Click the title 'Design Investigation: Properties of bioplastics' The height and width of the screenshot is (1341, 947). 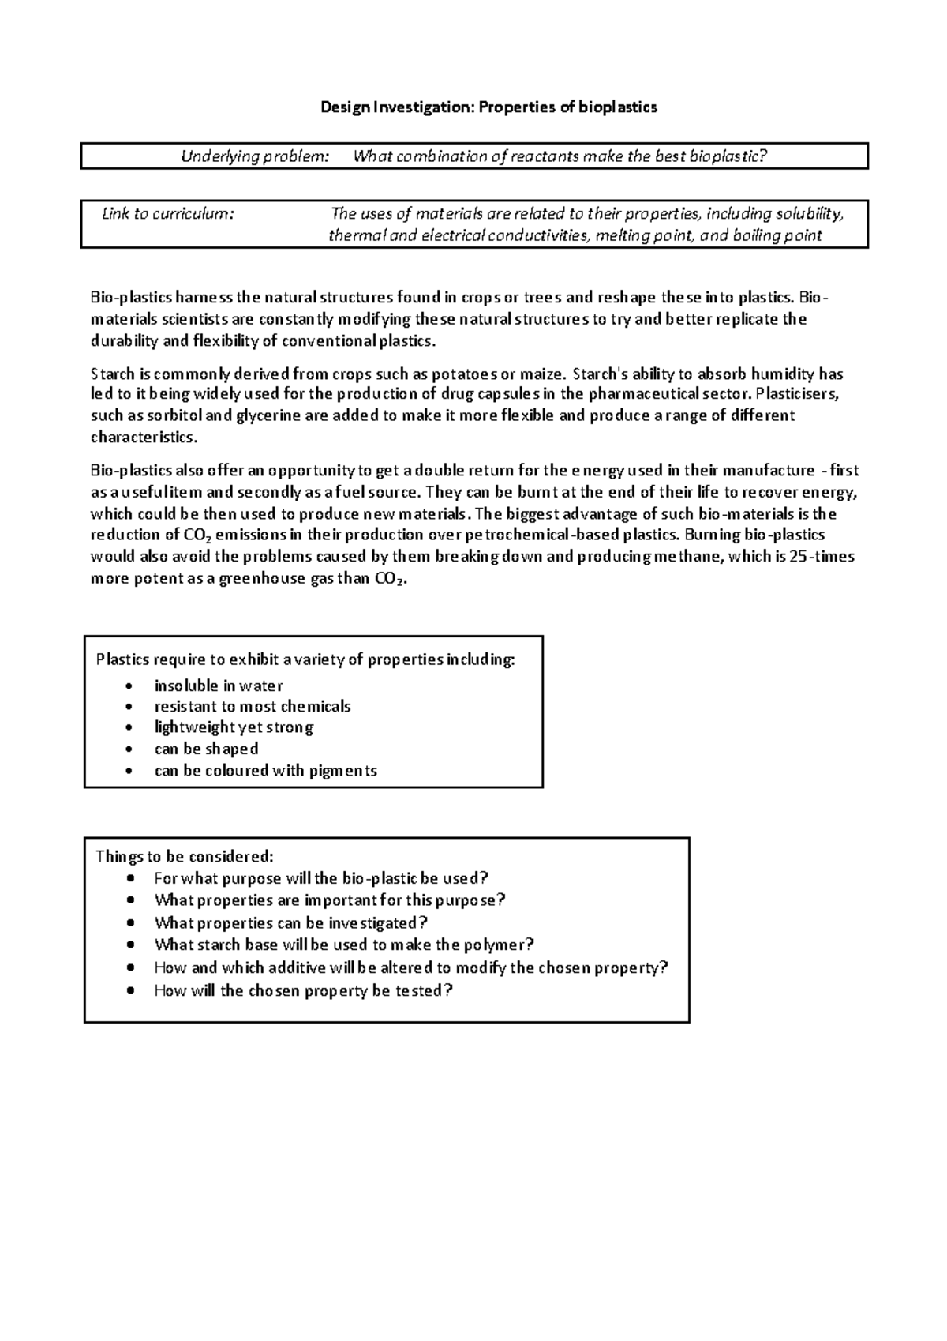pyautogui.click(x=488, y=107)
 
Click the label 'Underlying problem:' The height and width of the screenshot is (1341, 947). pyautogui.click(x=255, y=156)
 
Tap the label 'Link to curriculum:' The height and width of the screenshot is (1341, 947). pyautogui.click(x=168, y=213)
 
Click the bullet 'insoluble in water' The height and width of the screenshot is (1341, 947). pyautogui.click(x=219, y=686)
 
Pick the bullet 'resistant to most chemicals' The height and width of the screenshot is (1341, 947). pyautogui.click(x=253, y=706)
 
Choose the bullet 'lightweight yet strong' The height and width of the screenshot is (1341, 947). pyautogui.click(x=234, y=727)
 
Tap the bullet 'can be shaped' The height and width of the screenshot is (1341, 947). pyautogui.click(x=206, y=749)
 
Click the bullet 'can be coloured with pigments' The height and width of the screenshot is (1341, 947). pyautogui.click(x=265, y=771)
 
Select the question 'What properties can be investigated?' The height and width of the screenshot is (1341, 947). pyautogui.click(x=291, y=922)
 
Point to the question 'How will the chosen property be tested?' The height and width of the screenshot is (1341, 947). pyautogui.click(x=304, y=990)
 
